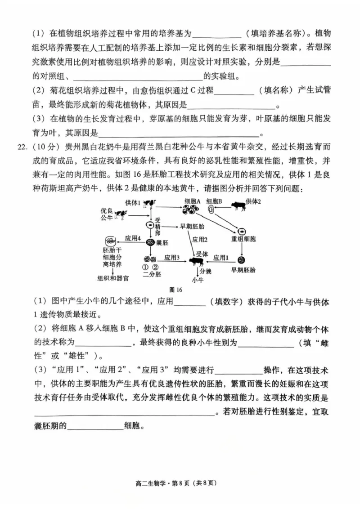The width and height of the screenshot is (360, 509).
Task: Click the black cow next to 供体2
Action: point(237,206)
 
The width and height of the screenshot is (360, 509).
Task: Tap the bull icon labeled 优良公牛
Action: point(120,215)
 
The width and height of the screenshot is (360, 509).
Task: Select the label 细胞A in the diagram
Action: point(192,201)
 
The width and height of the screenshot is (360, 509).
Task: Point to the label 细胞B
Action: point(214,201)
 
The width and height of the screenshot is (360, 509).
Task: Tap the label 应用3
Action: point(172,258)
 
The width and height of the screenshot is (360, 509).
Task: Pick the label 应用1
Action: point(221,258)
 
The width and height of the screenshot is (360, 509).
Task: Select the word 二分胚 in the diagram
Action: point(150,274)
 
